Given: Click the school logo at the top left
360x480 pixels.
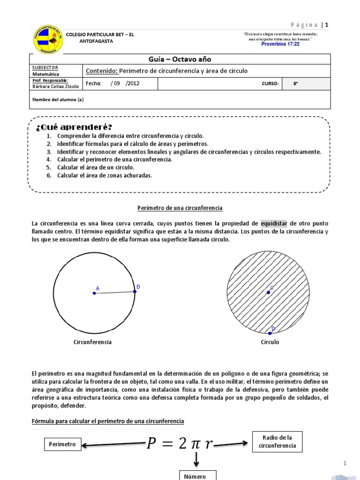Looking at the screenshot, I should click(x=48, y=39).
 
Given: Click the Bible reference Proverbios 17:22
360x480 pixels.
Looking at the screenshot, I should click(x=280, y=44).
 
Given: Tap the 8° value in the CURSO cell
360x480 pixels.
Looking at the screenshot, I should click(x=295, y=83).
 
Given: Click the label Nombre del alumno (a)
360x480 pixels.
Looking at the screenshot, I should click(x=58, y=99).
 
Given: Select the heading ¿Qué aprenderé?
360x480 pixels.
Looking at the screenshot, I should click(x=74, y=127).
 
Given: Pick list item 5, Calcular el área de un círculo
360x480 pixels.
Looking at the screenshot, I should click(x=96, y=167).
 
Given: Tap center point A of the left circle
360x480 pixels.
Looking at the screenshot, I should click(x=94, y=293).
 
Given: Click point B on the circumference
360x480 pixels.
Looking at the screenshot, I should click(x=135, y=291).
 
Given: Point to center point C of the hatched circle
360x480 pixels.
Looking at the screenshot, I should click(x=269, y=292).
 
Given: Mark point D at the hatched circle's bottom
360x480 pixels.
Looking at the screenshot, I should click(x=270, y=333).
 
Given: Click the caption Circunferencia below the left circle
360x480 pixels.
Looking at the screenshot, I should click(x=92, y=342).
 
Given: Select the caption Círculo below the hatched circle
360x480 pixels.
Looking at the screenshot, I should click(x=270, y=342).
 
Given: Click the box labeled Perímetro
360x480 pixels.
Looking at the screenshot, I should click(x=62, y=444).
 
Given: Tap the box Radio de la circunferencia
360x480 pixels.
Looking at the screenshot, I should click(x=277, y=442).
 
